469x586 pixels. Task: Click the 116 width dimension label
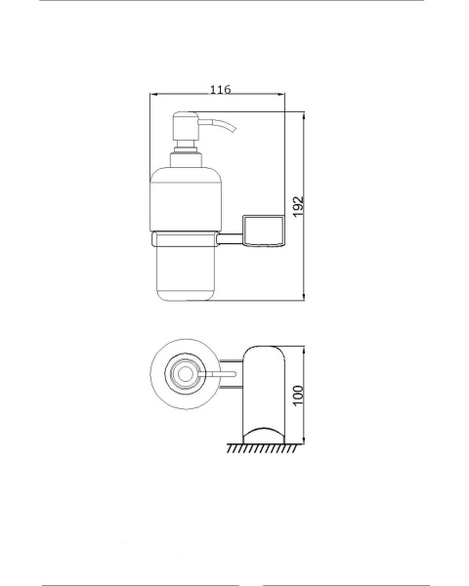[220, 90]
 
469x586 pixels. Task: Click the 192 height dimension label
[298, 207]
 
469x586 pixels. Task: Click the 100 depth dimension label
[298, 396]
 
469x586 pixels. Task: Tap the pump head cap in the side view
[186, 126]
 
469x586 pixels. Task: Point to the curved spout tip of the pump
[233, 129]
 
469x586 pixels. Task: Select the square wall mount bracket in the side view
[264, 230]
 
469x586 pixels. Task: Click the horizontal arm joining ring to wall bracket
[231, 239]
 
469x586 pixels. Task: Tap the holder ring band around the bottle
[185, 239]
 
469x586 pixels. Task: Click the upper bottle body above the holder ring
[186, 199]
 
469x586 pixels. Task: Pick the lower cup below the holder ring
[185, 273]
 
